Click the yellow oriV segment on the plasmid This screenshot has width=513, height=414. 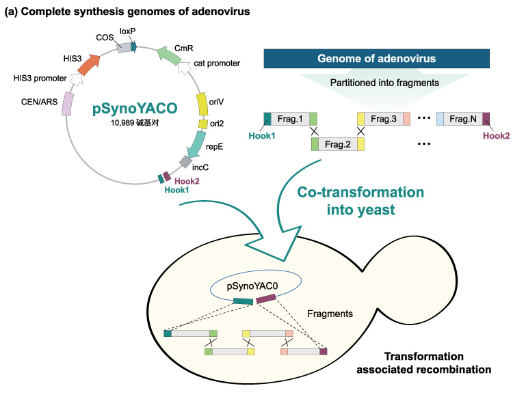[x=202, y=104]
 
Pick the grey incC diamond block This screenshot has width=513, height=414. [x=185, y=162]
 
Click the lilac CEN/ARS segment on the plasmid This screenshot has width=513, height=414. [x=68, y=105]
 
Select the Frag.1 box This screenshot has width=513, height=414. [x=289, y=118]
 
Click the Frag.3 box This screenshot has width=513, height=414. [x=383, y=118]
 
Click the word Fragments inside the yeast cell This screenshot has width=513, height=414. [x=330, y=314]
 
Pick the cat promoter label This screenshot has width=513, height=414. [x=217, y=63]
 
